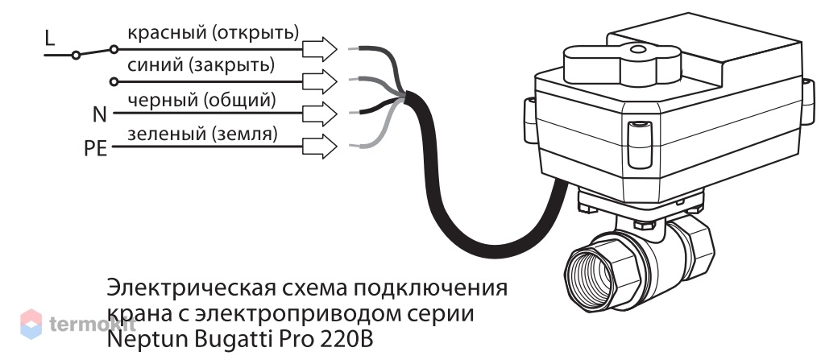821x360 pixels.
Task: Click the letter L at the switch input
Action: click(50, 38)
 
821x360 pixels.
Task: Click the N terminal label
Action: click(99, 114)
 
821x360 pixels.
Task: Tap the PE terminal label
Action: click(95, 149)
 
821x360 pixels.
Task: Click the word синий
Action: click(155, 66)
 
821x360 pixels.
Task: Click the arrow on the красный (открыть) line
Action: click(320, 49)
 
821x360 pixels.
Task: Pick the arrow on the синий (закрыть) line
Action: click(320, 81)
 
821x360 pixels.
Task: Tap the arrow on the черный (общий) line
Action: click(320, 114)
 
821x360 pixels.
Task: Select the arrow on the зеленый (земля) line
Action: click(320, 147)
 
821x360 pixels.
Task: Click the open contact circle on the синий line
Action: click(114, 81)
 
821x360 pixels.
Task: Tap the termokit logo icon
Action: click(31, 324)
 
